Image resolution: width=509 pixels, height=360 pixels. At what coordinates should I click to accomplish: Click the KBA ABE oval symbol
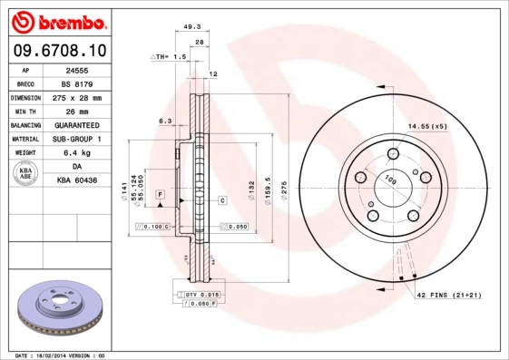tap(25, 173)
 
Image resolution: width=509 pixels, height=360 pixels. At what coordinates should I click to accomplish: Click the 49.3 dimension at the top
tap(192, 27)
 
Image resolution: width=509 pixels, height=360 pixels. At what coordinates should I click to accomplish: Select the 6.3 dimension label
tap(165, 121)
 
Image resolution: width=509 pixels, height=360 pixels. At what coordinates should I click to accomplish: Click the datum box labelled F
tap(160, 195)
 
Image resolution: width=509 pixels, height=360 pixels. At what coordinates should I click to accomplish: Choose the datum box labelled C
tap(221, 199)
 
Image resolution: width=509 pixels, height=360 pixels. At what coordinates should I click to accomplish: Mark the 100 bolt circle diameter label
tap(391, 181)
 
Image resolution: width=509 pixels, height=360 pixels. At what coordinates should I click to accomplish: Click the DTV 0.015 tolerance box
tap(201, 295)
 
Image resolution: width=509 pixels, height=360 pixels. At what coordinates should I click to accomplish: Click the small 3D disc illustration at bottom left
tap(61, 309)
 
